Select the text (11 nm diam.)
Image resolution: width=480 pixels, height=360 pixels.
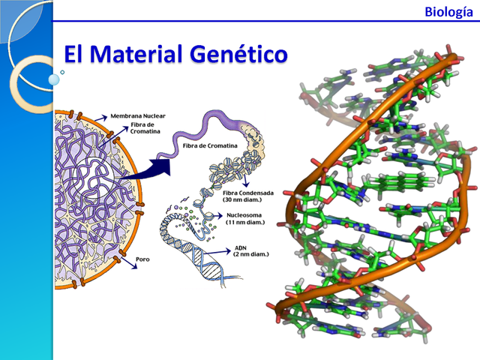[x=247, y=222]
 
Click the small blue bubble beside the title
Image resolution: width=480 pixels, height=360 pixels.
[x=54, y=79]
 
